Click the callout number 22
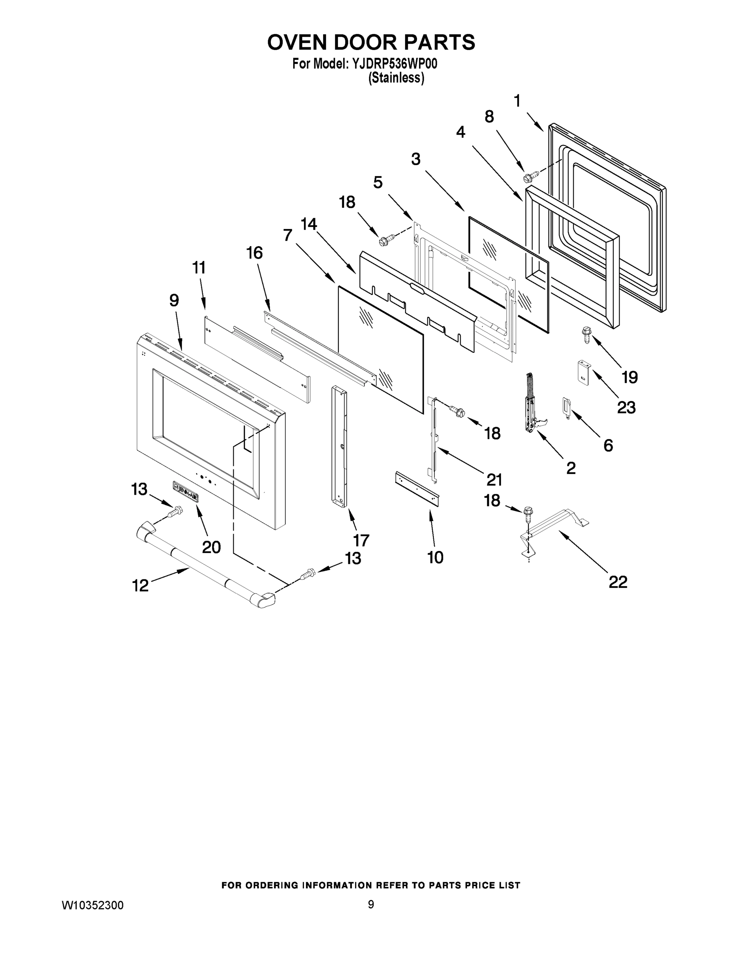pyautogui.click(x=618, y=582)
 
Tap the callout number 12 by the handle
pyautogui.click(x=141, y=585)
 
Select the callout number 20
pyautogui.click(x=211, y=547)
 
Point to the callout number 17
pyautogui.click(x=361, y=540)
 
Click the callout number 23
pyautogui.click(x=626, y=408)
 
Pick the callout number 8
pyautogui.click(x=489, y=116)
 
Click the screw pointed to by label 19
pyautogui.click(x=586, y=334)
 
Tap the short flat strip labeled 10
pyautogui.click(x=417, y=489)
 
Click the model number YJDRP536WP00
pyautogui.click(x=393, y=64)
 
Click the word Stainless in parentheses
pyautogui.click(x=396, y=78)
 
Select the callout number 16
pyautogui.click(x=254, y=253)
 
